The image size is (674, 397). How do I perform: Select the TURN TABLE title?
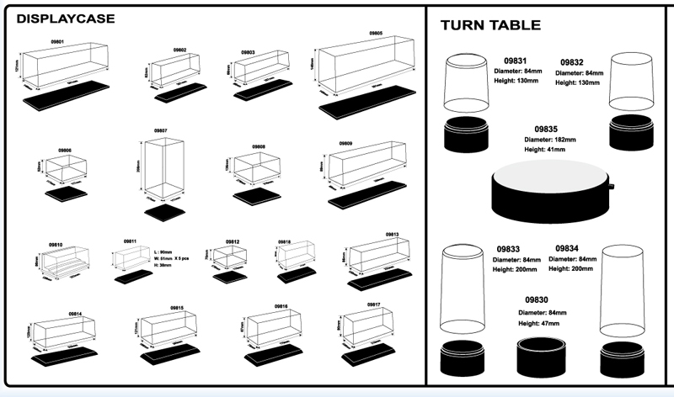[x=490, y=25]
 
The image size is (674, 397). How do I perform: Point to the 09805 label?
[x=376, y=34]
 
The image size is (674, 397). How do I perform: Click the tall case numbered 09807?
[x=163, y=167]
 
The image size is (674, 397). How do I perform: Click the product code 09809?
[x=345, y=144]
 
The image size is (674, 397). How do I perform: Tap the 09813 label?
[x=392, y=235]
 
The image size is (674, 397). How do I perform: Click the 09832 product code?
[x=570, y=61]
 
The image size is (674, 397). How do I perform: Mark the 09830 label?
[x=538, y=299]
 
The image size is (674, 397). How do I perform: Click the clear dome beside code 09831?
[x=468, y=82]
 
